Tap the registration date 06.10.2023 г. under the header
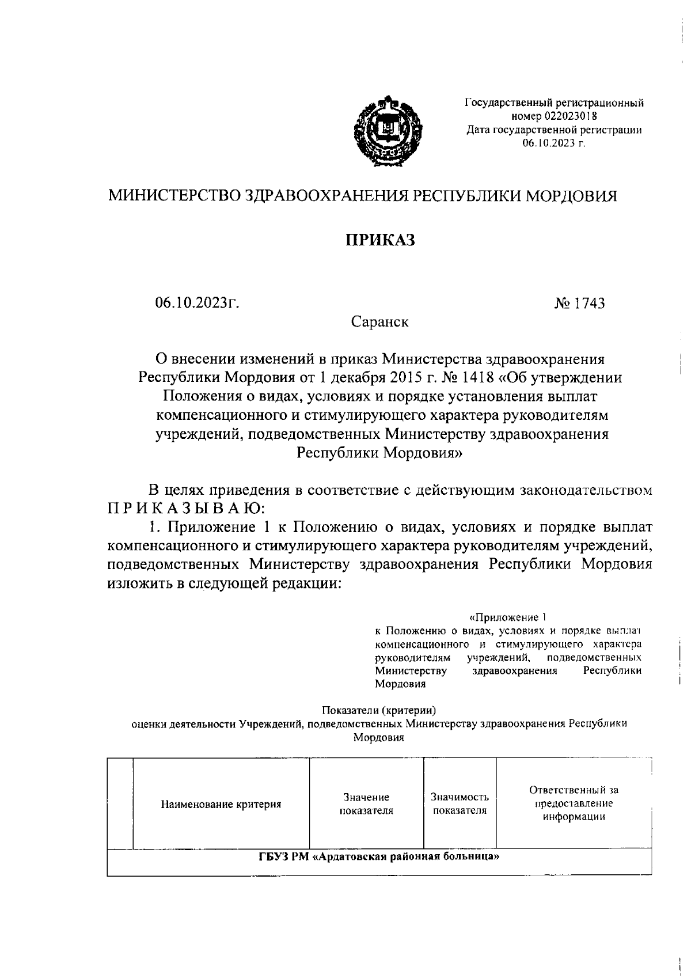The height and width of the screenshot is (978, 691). [553, 143]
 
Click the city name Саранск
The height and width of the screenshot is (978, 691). [380, 321]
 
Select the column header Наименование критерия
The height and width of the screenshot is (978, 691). [221, 804]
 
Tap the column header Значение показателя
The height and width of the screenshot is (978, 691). [366, 804]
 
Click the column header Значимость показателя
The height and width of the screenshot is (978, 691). [460, 804]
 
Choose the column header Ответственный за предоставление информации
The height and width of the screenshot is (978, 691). [574, 803]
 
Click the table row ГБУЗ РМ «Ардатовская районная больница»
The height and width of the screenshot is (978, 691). [378, 856]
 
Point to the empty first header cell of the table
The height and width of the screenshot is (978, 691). [120, 804]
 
